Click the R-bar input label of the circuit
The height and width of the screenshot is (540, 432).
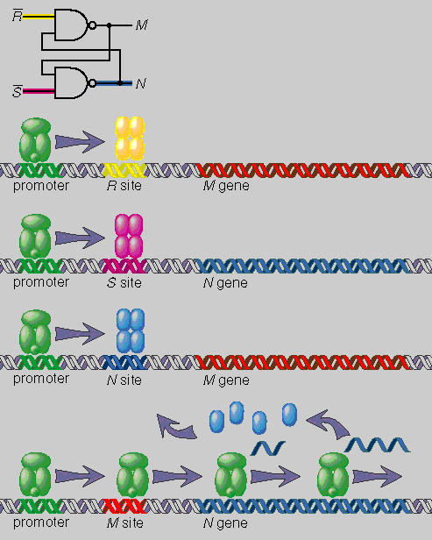pyautogui.click(x=18, y=16)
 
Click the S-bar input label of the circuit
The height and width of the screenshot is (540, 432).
pyautogui.click(x=17, y=91)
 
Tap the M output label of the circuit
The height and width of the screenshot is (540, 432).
pyautogui.click(x=141, y=25)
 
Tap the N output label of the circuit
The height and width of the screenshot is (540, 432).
pyautogui.click(x=140, y=83)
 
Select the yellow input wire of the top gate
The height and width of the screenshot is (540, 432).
pyautogui.click(x=39, y=16)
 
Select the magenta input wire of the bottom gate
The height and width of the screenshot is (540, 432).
pyautogui.click(x=39, y=91)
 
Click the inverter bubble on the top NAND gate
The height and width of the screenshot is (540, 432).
pyautogui.click(x=92, y=25)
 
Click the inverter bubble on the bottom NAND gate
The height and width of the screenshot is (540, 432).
pyautogui.click(x=92, y=83)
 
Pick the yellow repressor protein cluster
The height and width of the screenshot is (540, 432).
pyautogui.click(x=130, y=139)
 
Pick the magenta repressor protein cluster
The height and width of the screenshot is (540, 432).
pyautogui.click(x=129, y=236)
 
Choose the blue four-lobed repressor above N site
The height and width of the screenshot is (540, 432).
pyautogui.click(x=130, y=331)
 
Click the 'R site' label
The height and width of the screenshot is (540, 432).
pyautogui.click(x=124, y=186)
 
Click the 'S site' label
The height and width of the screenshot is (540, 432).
pyautogui.click(x=124, y=283)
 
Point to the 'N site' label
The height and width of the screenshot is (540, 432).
pyautogui.click(x=124, y=380)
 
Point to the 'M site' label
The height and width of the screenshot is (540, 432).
pyautogui.click(x=124, y=522)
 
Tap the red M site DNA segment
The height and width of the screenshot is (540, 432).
pyautogui.click(x=124, y=506)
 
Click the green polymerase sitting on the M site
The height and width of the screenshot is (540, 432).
pyautogui.click(x=132, y=475)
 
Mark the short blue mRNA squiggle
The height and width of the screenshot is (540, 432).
pyautogui.click(x=268, y=448)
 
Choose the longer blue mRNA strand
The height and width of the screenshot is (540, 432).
pyautogui.click(x=378, y=444)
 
